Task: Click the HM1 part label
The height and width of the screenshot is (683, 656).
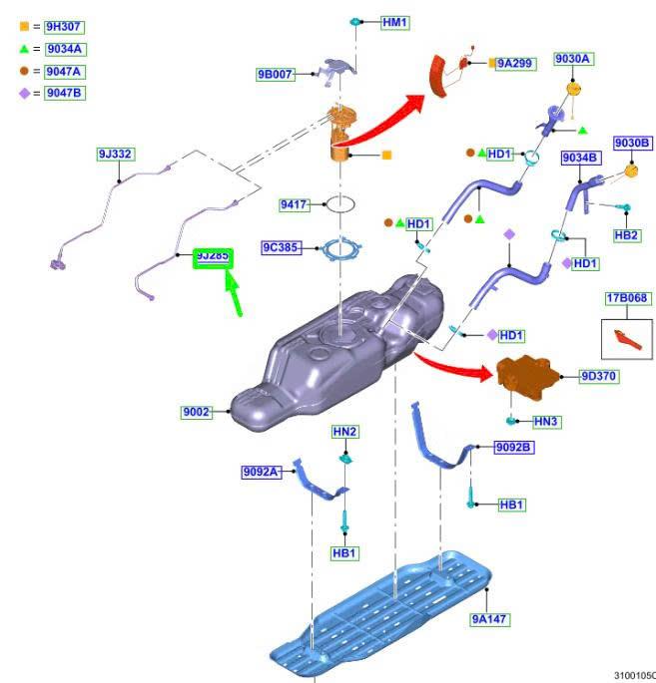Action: point(395,21)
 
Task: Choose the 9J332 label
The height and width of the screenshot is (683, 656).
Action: point(115,154)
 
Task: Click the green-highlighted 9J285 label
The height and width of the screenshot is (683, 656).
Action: point(213,256)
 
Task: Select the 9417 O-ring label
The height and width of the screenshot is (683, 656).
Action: point(294,204)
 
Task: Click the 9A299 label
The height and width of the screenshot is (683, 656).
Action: point(517,63)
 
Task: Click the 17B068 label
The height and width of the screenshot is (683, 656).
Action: point(626,298)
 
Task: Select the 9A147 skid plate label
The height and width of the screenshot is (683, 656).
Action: point(490,619)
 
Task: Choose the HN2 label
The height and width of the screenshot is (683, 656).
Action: point(345,431)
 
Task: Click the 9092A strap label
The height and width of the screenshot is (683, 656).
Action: point(260,472)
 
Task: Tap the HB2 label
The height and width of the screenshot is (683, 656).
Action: point(626,235)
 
